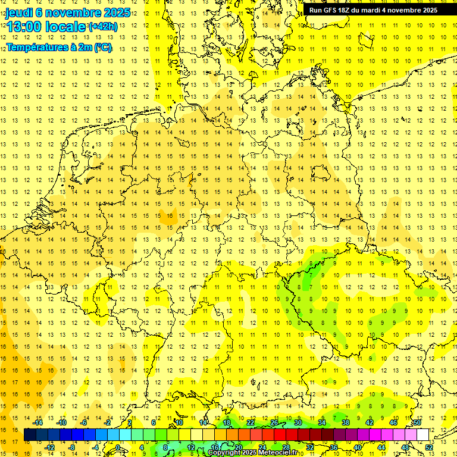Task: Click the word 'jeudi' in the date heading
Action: (x=19, y=13)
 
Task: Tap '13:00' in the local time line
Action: (x=23, y=27)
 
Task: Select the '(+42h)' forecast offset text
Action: (x=103, y=27)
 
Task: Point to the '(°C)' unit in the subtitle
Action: (x=102, y=47)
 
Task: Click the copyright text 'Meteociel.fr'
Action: (x=277, y=453)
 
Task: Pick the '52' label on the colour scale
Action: (x=429, y=447)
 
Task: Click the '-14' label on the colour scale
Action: (x=38, y=422)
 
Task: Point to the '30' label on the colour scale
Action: (x=298, y=422)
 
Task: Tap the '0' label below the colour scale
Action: (x=117, y=447)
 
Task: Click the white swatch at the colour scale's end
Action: (x=422, y=435)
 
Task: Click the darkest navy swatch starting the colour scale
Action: (x=30, y=435)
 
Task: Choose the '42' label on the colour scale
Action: (x=370, y=422)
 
